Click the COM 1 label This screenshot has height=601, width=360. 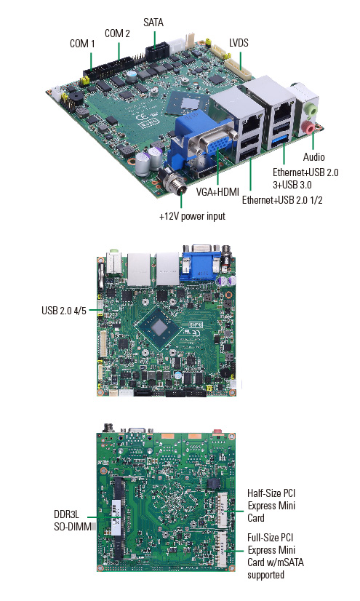[82, 44]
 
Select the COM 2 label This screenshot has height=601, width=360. [117, 33]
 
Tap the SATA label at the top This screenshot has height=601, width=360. [153, 23]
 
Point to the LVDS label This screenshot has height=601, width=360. [239, 42]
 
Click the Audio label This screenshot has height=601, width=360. [313, 156]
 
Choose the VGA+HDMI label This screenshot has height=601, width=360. [217, 191]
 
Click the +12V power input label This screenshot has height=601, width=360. [192, 216]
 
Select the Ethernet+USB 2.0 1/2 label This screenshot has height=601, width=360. [282, 199]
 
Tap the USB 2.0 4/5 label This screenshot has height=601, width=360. [64, 310]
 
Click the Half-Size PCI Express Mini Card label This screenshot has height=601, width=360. [271, 506]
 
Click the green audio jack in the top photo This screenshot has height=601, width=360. [312, 110]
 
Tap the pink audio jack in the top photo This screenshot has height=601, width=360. [307, 127]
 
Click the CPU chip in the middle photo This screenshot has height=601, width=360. [159, 328]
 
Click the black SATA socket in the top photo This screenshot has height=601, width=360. [157, 50]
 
